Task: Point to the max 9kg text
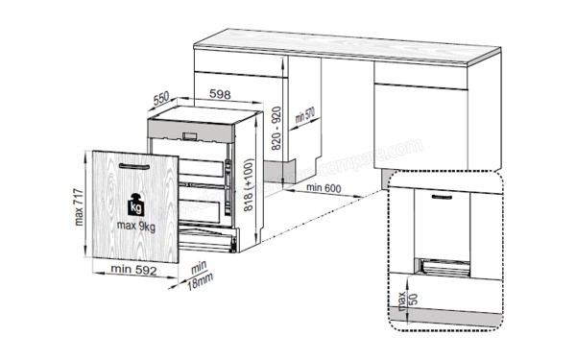click(x=133, y=225)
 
